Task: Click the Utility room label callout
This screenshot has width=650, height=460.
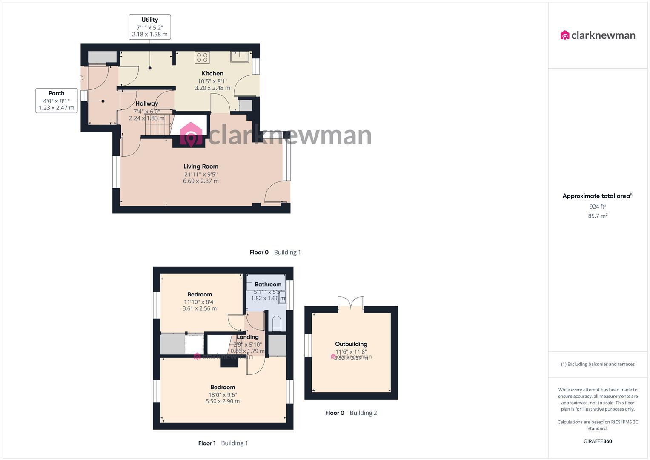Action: point(150,27)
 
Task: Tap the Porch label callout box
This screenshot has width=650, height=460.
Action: point(56,101)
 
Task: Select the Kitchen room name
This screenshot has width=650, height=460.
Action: point(212,73)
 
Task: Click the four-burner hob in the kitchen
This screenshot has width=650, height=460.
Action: point(202,57)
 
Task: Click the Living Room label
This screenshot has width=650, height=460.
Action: point(201,167)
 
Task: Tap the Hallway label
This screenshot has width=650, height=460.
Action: point(147,103)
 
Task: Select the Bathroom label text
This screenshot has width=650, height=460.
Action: point(268,284)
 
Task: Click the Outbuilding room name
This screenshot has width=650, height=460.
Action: point(351,344)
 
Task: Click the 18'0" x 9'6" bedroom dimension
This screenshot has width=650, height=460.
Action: point(223,394)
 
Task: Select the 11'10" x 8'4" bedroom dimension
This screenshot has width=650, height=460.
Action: point(199,302)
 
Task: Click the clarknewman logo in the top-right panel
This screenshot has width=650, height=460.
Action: point(598,35)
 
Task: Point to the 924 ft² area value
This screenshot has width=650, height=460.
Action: point(598,207)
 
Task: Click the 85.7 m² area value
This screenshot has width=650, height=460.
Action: point(598,216)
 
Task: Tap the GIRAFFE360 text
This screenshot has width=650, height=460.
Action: point(598,441)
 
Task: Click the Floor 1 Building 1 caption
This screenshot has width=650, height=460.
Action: point(223,443)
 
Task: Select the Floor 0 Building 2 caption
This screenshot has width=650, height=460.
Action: point(351,413)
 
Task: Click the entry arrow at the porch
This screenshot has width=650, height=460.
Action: point(81,78)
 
